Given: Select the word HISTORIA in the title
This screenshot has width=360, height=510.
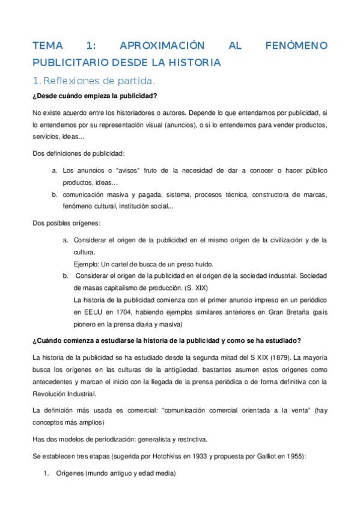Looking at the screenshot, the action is [x=194, y=62].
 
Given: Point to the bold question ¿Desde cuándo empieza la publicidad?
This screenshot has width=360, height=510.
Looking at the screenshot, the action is [x=95, y=96].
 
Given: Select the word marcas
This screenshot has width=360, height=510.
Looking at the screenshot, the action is [x=314, y=195].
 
